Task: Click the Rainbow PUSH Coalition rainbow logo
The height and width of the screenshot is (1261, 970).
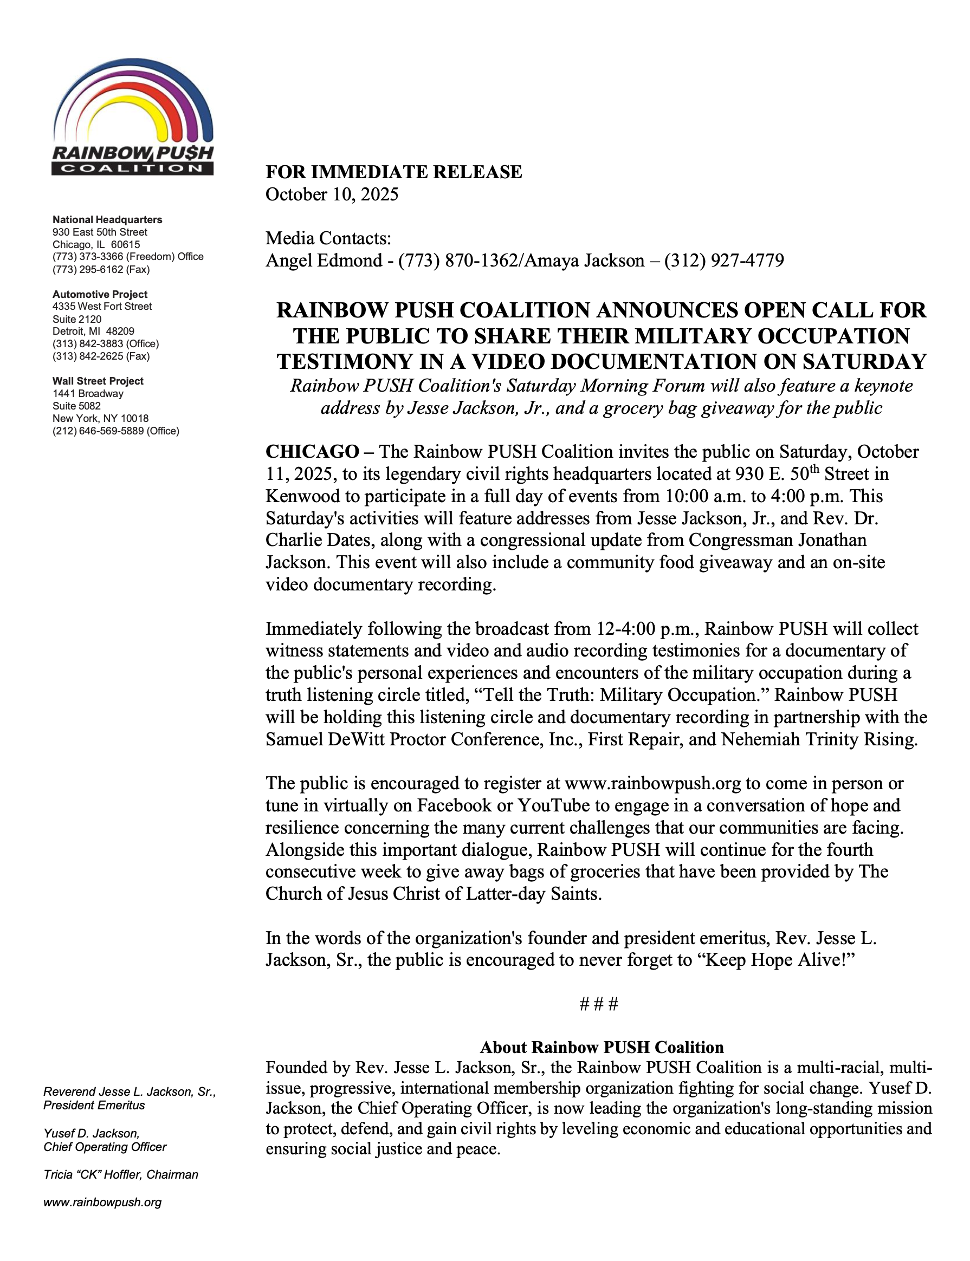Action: (133, 118)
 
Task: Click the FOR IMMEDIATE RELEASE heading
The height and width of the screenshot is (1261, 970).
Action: (393, 172)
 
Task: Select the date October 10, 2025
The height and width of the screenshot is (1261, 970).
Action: (332, 194)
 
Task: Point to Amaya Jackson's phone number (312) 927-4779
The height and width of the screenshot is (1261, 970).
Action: (724, 261)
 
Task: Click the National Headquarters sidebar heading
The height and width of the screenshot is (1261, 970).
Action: (107, 220)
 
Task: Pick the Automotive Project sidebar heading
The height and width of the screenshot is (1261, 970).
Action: (100, 294)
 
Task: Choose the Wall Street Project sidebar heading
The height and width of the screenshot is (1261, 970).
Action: (98, 381)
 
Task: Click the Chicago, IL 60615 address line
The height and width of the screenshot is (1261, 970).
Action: (96, 245)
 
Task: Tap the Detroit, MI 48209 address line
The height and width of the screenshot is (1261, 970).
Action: (94, 331)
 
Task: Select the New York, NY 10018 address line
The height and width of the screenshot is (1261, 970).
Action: (100, 418)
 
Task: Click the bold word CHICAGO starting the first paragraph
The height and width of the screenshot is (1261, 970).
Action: (312, 451)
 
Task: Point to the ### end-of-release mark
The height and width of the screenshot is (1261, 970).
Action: (599, 1004)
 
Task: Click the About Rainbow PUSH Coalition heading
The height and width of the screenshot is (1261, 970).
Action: (602, 1048)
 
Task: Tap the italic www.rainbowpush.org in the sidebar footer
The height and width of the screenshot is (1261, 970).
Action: (103, 1202)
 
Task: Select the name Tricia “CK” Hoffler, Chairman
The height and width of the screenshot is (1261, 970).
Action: (121, 1174)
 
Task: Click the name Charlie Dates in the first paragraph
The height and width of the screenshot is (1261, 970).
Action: (318, 540)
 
